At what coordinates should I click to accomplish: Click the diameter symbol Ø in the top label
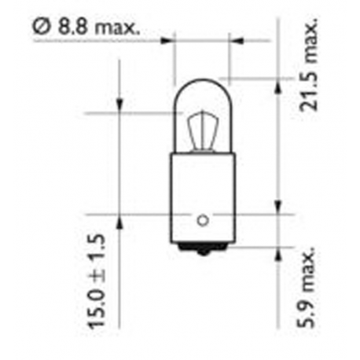(40, 27)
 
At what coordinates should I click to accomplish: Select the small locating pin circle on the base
(203, 219)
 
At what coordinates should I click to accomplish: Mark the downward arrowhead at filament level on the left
(119, 107)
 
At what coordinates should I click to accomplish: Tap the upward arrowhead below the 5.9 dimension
(279, 253)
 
